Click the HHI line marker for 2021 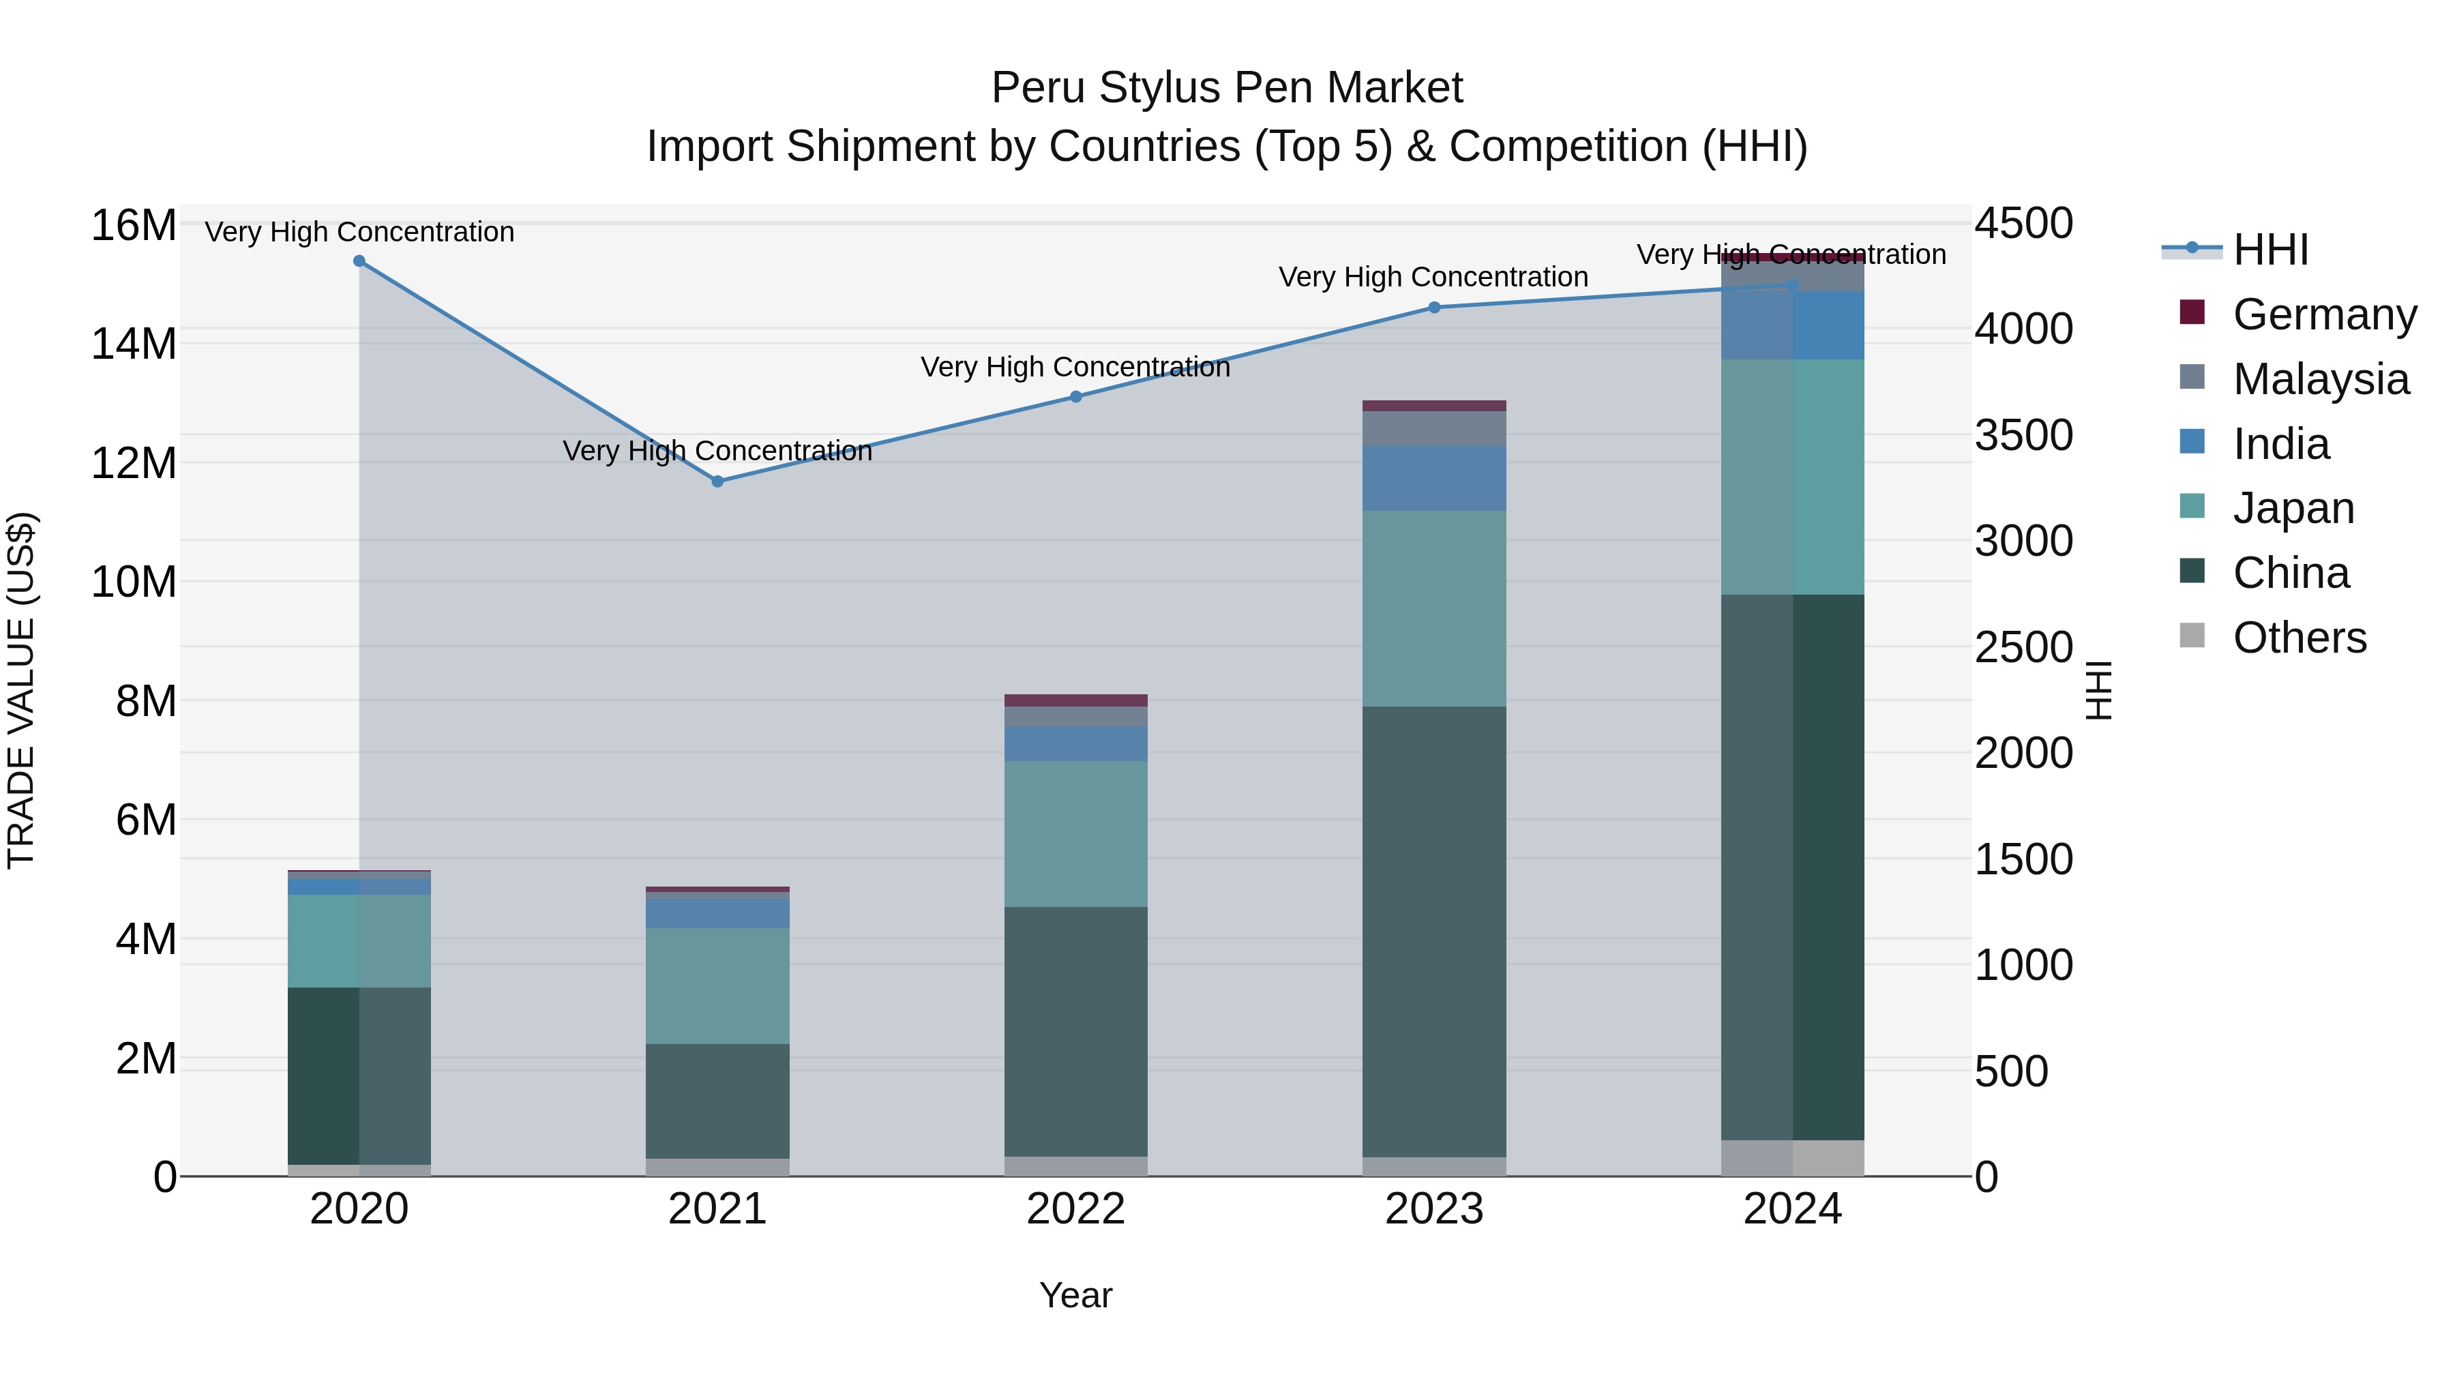[717, 481]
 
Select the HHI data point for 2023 [1434, 307]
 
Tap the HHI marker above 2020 [359, 261]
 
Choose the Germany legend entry [2323, 314]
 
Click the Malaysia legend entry [2320, 379]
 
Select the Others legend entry [2299, 638]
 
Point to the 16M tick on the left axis [134, 226]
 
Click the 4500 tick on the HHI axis [2023, 224]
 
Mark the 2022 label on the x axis [1076, 1209]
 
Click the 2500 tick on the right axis [2023, 648]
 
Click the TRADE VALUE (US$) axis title [21, 690]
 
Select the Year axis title [1076, 1295]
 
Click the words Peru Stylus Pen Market [1227, 88]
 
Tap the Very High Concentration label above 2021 [717, 450]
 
